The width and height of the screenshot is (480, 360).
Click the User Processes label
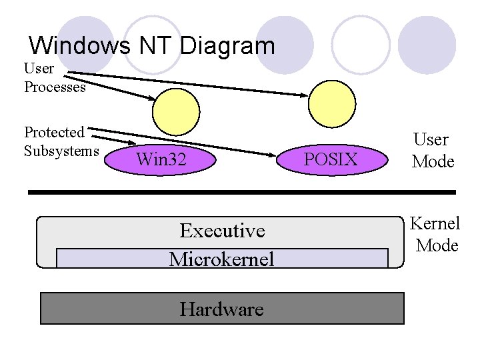[x=55, y=77]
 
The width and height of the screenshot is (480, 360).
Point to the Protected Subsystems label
[x=61, y=141]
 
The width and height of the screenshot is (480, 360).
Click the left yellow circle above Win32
[x=176, y=111]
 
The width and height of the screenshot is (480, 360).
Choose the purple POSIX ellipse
[x=331, y=159]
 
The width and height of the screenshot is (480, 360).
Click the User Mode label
[x=432, y=151]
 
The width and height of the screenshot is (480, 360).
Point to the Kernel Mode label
[x=435, y=235]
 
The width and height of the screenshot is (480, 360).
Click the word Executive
[x=222, y=231]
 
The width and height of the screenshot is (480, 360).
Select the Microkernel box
[x=221, y=258]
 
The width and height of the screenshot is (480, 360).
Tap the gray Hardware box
[x=222, y=309]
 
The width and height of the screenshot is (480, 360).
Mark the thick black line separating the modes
[x=241, y=192]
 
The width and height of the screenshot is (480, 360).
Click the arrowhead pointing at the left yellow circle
[x=152, y=99]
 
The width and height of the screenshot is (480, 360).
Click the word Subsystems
[x=61, y=151]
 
